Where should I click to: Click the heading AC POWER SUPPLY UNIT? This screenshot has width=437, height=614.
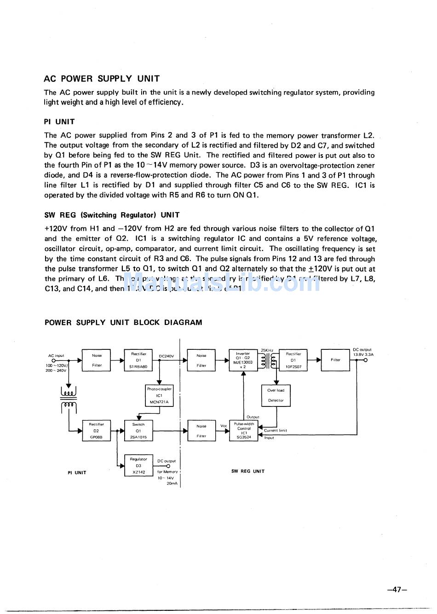(102, 79)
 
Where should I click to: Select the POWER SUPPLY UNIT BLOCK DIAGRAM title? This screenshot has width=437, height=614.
(123, 323)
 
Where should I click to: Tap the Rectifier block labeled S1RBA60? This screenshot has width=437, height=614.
(138, 360)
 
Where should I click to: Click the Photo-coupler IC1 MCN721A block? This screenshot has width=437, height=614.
(159, 395)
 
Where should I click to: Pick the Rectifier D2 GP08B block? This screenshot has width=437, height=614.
(97, 431)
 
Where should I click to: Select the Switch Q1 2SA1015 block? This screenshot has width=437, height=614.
(138, 431)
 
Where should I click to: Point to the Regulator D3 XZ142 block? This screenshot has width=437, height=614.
(138, 465)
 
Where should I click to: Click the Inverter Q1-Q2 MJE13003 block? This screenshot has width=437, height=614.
(243, 360)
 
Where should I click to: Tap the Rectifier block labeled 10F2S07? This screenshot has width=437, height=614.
(293, 360)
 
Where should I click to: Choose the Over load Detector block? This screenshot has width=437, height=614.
(276, 395)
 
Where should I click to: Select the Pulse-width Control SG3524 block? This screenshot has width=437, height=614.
(244, 431)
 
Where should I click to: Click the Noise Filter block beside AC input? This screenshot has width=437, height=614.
(97, 360)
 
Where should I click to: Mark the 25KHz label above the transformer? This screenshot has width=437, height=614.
(267, 350)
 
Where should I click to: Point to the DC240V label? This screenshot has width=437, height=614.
(166, 356)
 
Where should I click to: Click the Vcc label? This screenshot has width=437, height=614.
(224, 426)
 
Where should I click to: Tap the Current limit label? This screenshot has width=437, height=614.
(276, 431)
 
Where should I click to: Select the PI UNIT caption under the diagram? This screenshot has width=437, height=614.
(77, 473)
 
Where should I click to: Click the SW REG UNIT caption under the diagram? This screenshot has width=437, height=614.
(248, 471)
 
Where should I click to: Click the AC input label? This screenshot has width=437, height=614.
(56, 356)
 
